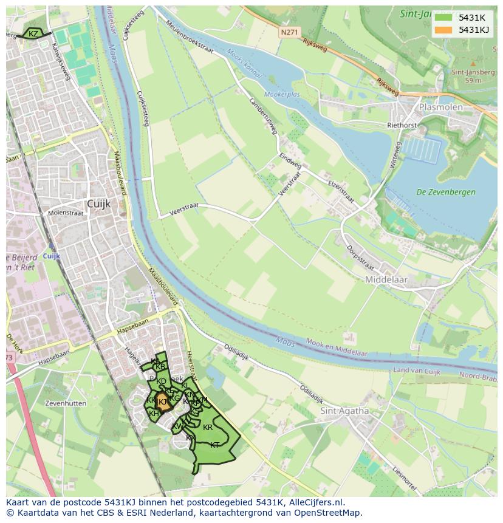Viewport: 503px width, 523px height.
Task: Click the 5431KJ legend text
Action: coord(474,30)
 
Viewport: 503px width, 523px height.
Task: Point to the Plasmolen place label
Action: coord(440,107)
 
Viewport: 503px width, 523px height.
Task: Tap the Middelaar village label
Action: coord(386,279)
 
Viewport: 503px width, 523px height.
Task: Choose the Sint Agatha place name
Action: coord(344,411)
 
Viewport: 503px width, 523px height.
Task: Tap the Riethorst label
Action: coord(402,125)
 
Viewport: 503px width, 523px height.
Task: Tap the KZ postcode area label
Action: coord(33,34)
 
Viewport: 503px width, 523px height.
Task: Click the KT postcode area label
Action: coord(214,445)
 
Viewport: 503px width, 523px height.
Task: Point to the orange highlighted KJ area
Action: coord(162,402)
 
